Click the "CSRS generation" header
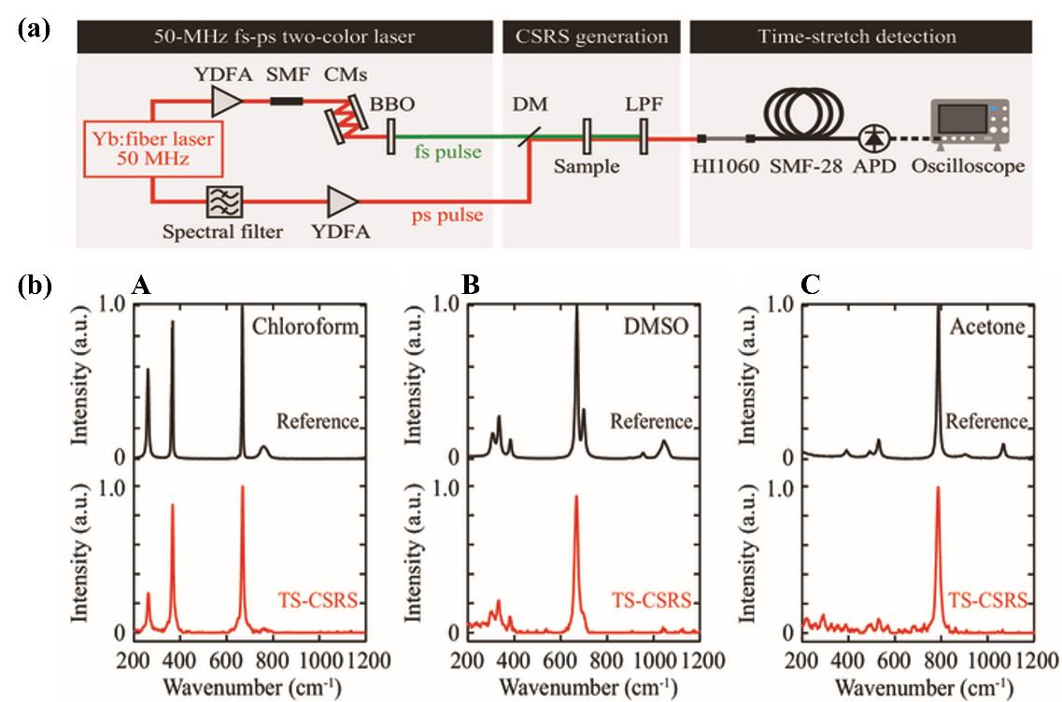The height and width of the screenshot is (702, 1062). point(591,36)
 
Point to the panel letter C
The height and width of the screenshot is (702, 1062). point(810,285)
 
